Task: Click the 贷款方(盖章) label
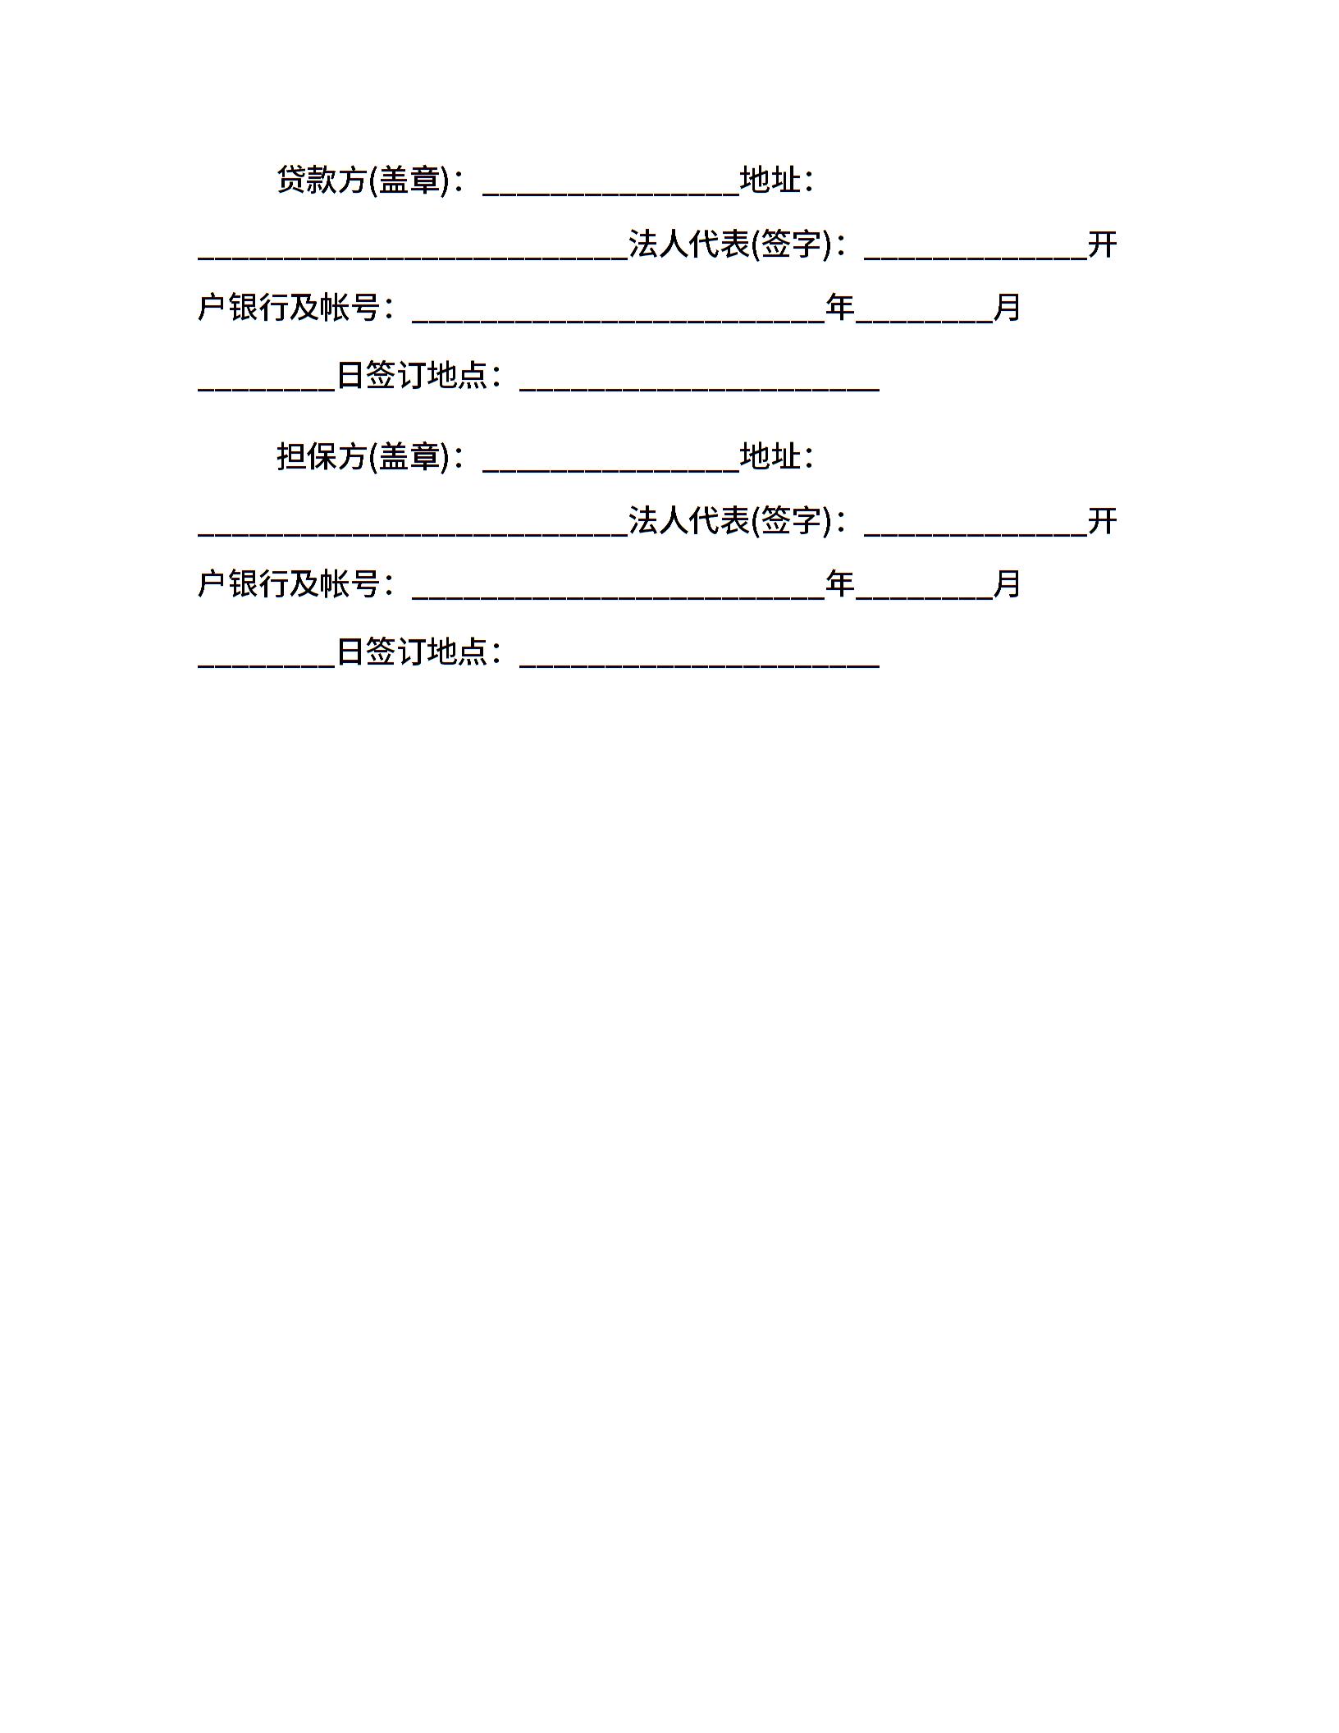363,180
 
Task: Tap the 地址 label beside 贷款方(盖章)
770,180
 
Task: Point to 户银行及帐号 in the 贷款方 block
289,308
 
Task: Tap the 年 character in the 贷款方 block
840,308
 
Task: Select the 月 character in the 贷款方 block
1008,308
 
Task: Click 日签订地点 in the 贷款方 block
413,375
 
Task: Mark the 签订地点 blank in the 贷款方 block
700,390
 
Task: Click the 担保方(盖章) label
363,456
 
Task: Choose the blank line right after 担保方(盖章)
611,471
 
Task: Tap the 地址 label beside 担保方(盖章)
770,456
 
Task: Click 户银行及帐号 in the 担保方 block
289,584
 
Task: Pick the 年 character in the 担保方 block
840,584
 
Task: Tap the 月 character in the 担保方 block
1008,584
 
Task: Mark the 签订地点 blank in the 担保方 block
700,666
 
